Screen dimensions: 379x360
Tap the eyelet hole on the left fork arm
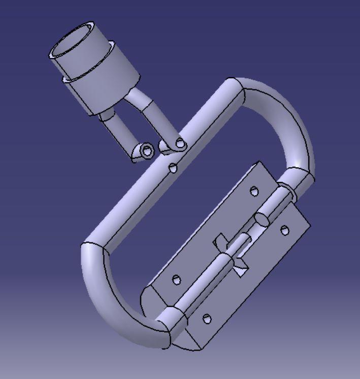[147, 151]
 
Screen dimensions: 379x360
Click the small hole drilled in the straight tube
[173, 168]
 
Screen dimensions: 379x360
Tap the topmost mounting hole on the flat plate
[254, 192]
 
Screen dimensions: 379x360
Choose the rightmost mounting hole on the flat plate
[285, 230]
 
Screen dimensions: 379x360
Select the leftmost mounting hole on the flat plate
[176, 280]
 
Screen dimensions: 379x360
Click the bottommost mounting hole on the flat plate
[207, 319]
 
